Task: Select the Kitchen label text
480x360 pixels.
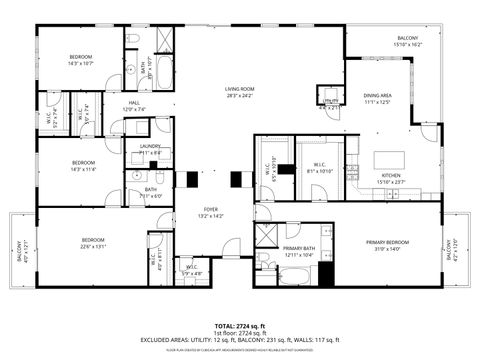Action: coord(391,178)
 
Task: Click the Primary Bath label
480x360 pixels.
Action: coord(299,251)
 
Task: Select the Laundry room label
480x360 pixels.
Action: coord(151,149)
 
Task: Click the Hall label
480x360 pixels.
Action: coord(134,105)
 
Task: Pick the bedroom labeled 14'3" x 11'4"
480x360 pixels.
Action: coord(82,166)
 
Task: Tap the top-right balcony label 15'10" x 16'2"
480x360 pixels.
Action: coord(407,41)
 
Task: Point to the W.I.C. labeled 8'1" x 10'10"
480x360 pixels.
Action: coord(320,167)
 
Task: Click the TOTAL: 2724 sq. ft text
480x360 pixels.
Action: coord(240,326)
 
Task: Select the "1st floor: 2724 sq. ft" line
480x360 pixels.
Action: coord(240,333)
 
